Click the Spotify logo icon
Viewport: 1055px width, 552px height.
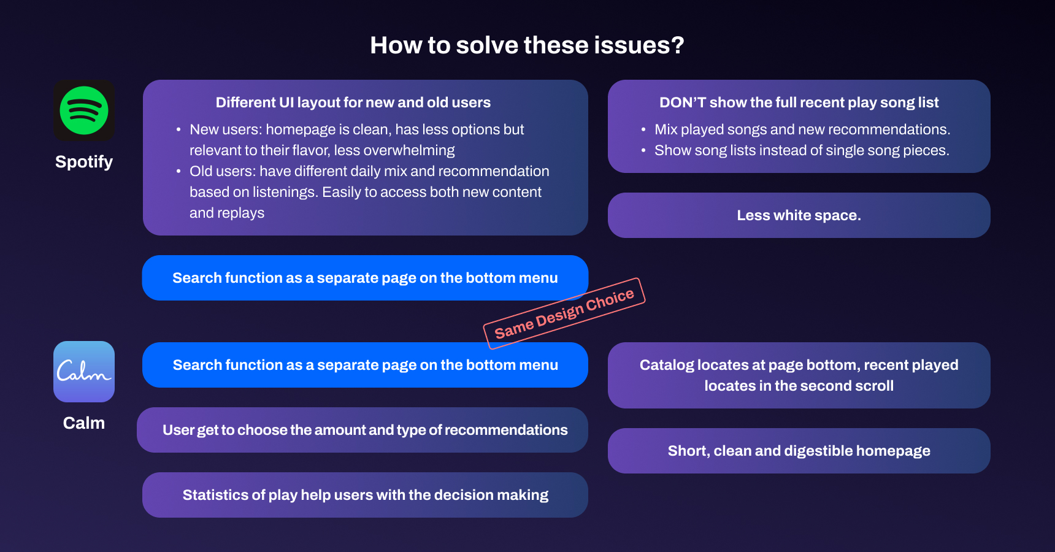(84, 110)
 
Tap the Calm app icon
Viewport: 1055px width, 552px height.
(84, 372)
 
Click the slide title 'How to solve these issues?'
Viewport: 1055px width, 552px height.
(527, 45)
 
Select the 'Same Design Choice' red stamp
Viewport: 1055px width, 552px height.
(564, 313)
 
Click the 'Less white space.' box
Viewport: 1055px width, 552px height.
(799, 215)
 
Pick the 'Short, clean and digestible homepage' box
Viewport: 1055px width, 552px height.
(799, 451)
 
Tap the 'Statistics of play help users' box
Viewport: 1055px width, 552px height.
(365, 495)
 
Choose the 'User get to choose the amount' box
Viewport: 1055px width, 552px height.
(365, 430)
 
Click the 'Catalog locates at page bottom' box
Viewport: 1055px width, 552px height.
(799, 375)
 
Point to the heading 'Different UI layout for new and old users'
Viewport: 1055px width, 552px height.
(353, 102)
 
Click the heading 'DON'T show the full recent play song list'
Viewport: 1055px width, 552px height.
(799, 102)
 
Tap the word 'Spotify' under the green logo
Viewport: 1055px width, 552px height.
(84, 162)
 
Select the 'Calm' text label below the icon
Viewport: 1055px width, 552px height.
(84, 423)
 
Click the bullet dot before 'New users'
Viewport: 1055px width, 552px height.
(178, 130)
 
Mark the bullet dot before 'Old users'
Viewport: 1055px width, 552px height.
(178, 172)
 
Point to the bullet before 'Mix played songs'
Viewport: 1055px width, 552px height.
(643, 130)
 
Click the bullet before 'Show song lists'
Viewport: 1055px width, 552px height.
(643, 151)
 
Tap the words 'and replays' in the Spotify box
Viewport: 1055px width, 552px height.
(227, 213)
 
